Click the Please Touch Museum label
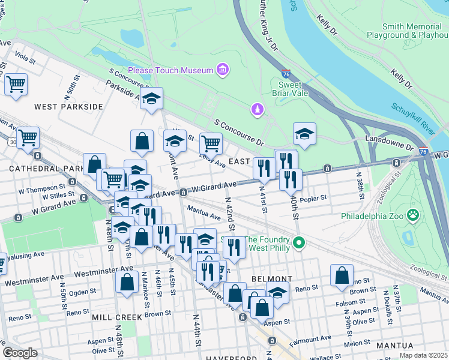(170, 70)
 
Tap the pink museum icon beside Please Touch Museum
(223, 71)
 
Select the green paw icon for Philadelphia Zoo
(413, 215)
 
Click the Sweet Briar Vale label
(290, 89)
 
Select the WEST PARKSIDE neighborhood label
(68, 107)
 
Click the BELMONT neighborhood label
(272, 279)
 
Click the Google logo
(20, 353)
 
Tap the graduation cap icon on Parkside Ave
(152, 98)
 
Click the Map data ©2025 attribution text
(423, 355)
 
